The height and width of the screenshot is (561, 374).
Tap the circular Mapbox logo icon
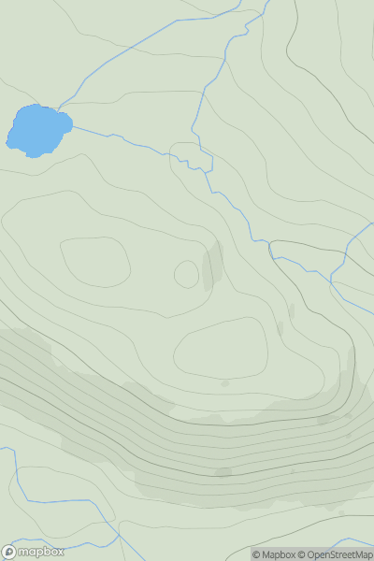pos(10,552)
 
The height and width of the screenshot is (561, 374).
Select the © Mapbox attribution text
pos(275,554)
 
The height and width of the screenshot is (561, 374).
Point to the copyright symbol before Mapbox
pos(256,554)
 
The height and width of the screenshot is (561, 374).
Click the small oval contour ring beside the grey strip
pos(186,274)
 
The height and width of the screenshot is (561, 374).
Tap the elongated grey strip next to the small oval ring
pos(212,265)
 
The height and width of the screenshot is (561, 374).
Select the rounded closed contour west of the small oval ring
pos(94,262)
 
